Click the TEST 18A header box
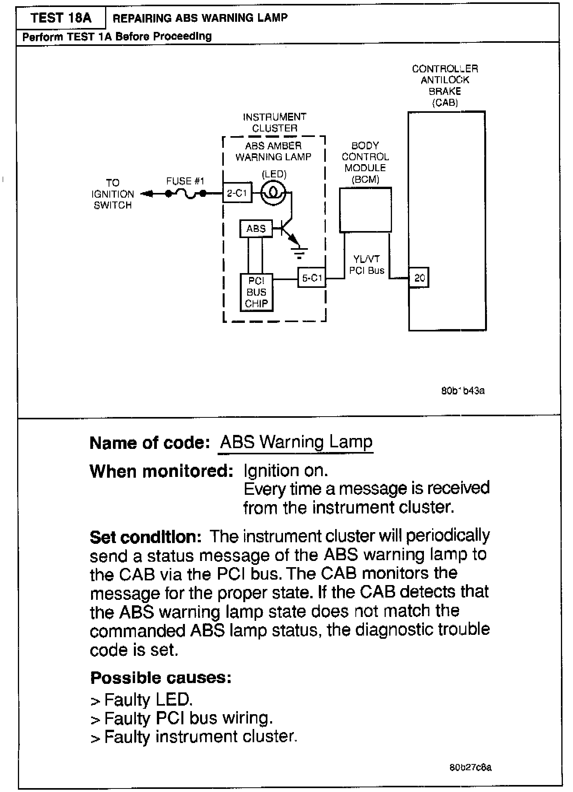click(x=61, y=18)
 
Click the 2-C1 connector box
click(x=237, y=193)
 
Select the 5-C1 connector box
click(x=312, y=278)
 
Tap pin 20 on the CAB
click(x=419, y=278)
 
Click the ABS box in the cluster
click(x=256, y=229)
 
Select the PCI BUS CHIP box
click(x=256, y=292)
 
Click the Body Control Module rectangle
click(x=365, y=210)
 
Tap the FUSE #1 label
click(x=185, y=181)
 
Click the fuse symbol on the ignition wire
click(x=186, y=193)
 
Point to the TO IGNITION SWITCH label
click(x=112, y=194)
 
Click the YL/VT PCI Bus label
click(x=366, y=265)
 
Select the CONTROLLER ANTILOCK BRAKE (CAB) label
click(x=445, y=86)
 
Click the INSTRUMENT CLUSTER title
click(x=274, y=123)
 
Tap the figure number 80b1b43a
click(x=463, y=391)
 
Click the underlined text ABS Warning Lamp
click(x=296, y=442)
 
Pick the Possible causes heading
click(x=161, y=678)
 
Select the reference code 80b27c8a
click(x=470, y=767)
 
